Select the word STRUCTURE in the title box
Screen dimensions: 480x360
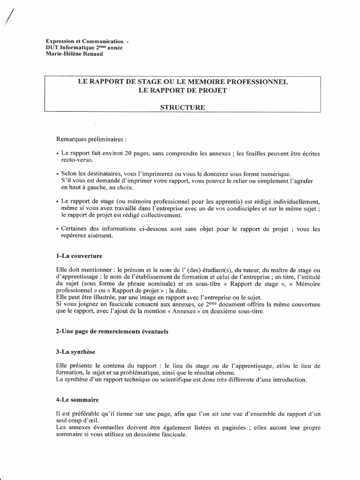pyautogui.click(x=183, y=107)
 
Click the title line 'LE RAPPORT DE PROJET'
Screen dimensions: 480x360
pyautogui.click(x=183, y=90)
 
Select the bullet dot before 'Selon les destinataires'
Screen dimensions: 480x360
pyautogui.click(x=57, y=174)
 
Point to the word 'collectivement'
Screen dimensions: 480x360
pyautogui.click(x=163, y=215)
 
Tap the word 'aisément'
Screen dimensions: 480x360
pyautogui.click(x=99, y=236)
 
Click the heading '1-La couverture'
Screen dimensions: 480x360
pyautogui.click(x=78, y=256)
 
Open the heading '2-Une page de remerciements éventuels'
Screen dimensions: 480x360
pyautogui.click(x=112, y=331)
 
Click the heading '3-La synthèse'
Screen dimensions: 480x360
pyautogui.click(x=75, y=352)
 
